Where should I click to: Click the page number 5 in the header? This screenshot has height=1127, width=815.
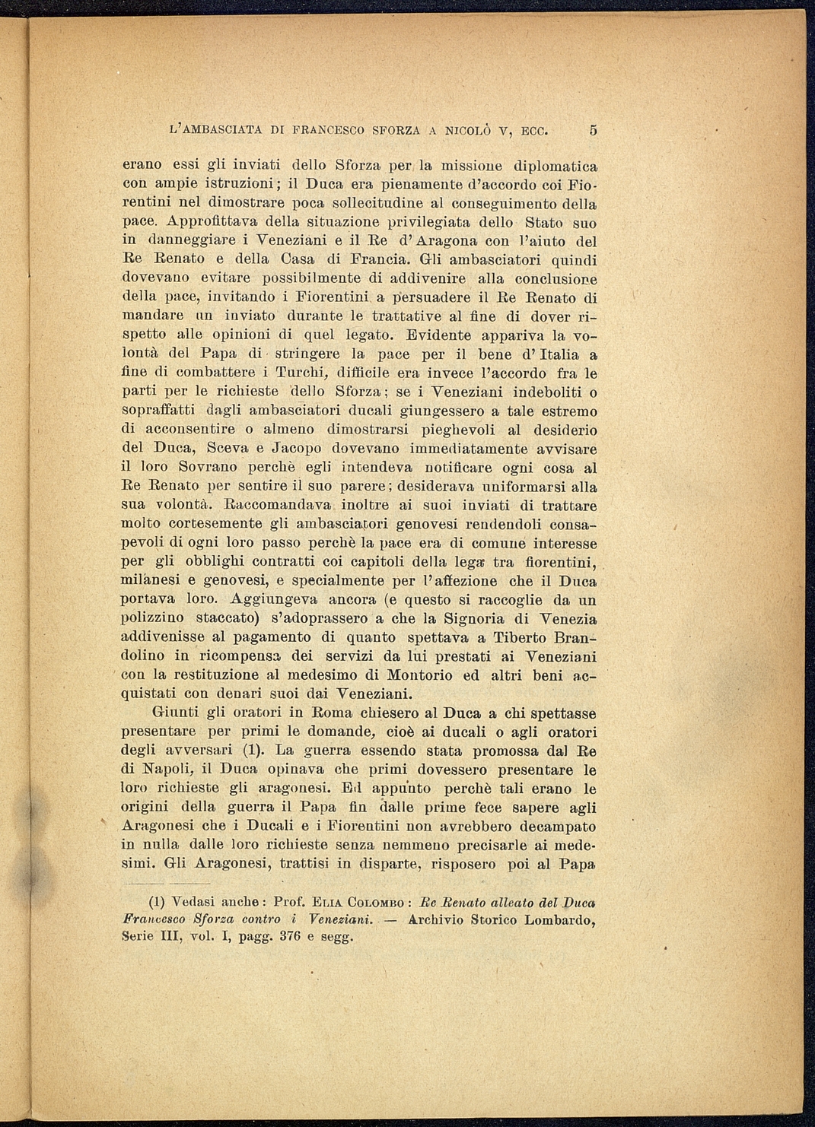593,130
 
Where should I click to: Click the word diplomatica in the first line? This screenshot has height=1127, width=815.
555,165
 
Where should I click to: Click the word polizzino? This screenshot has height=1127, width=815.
150,619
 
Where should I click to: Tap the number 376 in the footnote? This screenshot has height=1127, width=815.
290,936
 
